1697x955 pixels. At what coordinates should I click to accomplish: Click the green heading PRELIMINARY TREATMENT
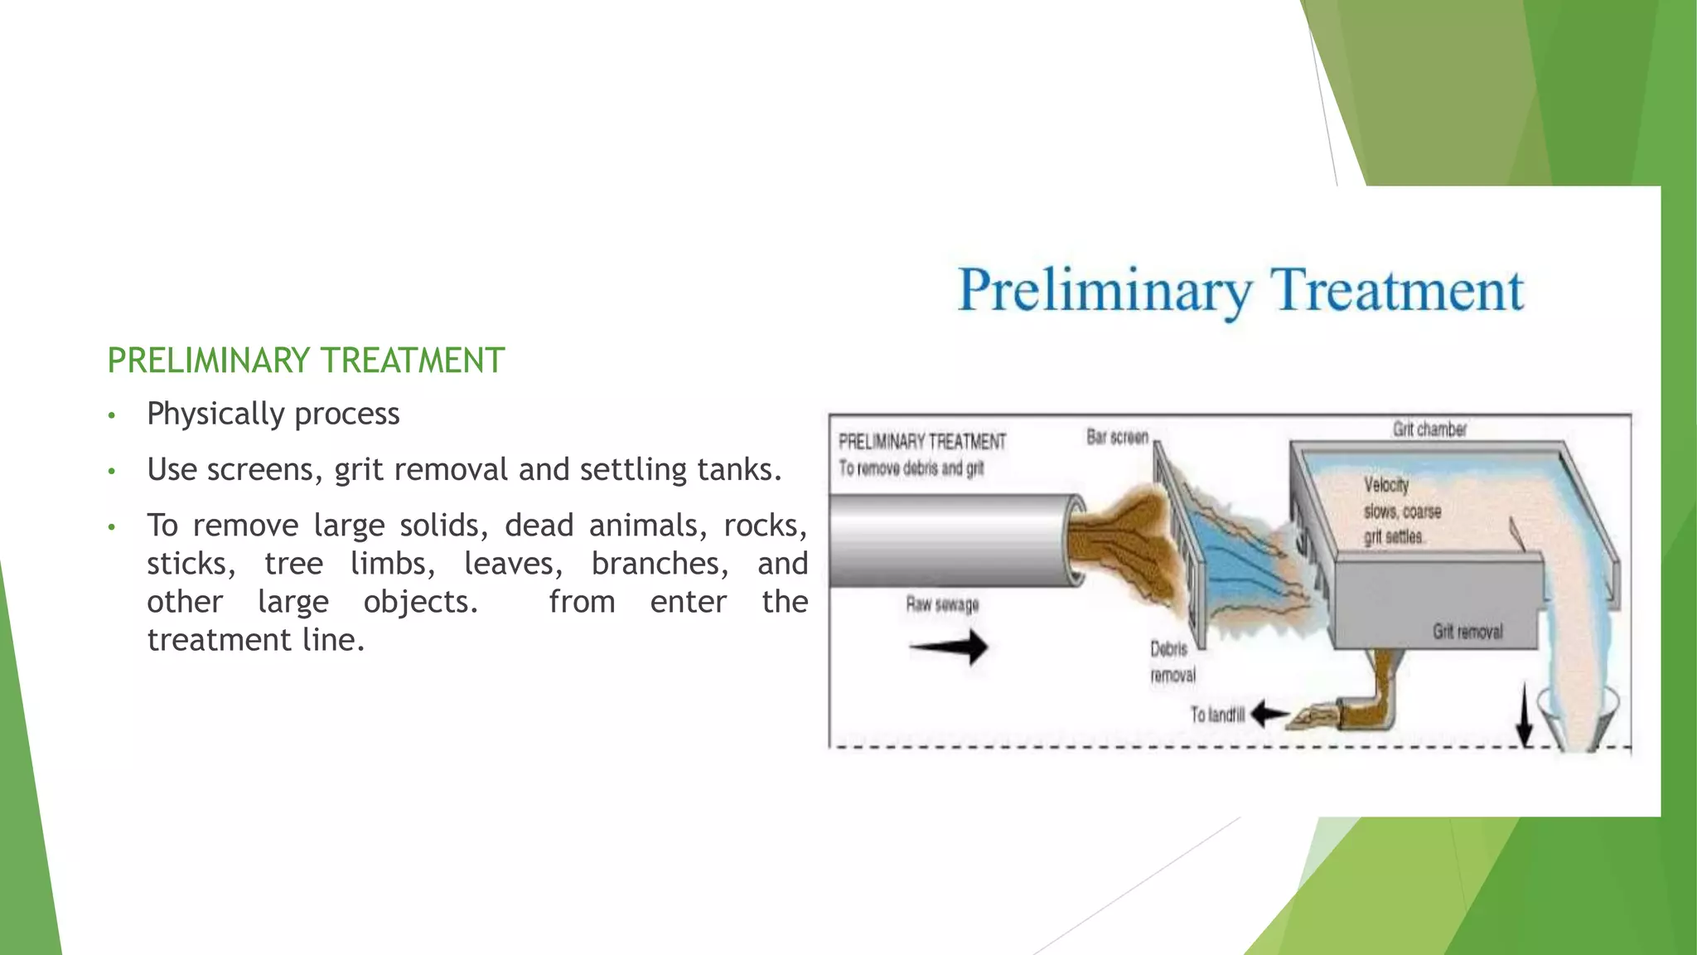pyautogui.click(x=306, y=361)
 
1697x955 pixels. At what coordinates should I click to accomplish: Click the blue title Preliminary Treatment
pyautogui.click(x=1240, y=290)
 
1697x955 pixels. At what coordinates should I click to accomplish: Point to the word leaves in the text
pyautogui.click(x=513, y=564)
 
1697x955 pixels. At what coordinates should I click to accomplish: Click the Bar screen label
pyautogui.click(x=1117, y=437)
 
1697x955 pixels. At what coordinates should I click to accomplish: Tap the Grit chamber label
pyautogui.click(x=1429, y=429)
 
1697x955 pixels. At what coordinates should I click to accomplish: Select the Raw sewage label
pyautogui.click(x=942, y=604)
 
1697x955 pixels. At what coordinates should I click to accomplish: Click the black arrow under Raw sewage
pyautogui.click(x=949, y=647)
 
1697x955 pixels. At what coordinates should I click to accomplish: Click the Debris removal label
pyautogui.click(x=1172, y=662)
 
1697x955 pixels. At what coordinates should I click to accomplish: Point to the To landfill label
pyautogui.click(x=1217, y=715)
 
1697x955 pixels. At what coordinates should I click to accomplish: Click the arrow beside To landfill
pyautogui.click(x=1269, y=714)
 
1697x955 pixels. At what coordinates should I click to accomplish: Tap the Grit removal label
pyautogui.click(x=1467, y=632)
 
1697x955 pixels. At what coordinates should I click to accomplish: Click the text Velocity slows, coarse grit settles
pyautogui.click(x=1401, y=511)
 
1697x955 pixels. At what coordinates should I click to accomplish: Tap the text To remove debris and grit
pyautogui.click(x=911, y=468)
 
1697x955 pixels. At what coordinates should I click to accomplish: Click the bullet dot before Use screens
pyautogui.click(x=112, y=472)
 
